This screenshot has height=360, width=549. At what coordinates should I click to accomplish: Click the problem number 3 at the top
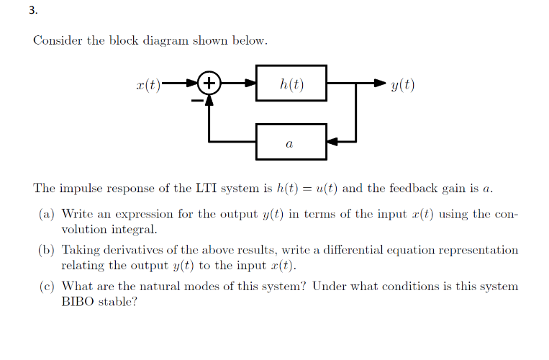[x=12, y=12]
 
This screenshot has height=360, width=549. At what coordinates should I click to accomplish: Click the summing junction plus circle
[x=209, y=84]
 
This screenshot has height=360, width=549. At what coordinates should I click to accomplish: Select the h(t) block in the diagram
[x=291, y=84]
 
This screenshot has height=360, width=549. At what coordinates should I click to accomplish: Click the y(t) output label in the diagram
[x=403, y=84]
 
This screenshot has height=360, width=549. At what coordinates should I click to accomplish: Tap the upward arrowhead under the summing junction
[x=209, y=102]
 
